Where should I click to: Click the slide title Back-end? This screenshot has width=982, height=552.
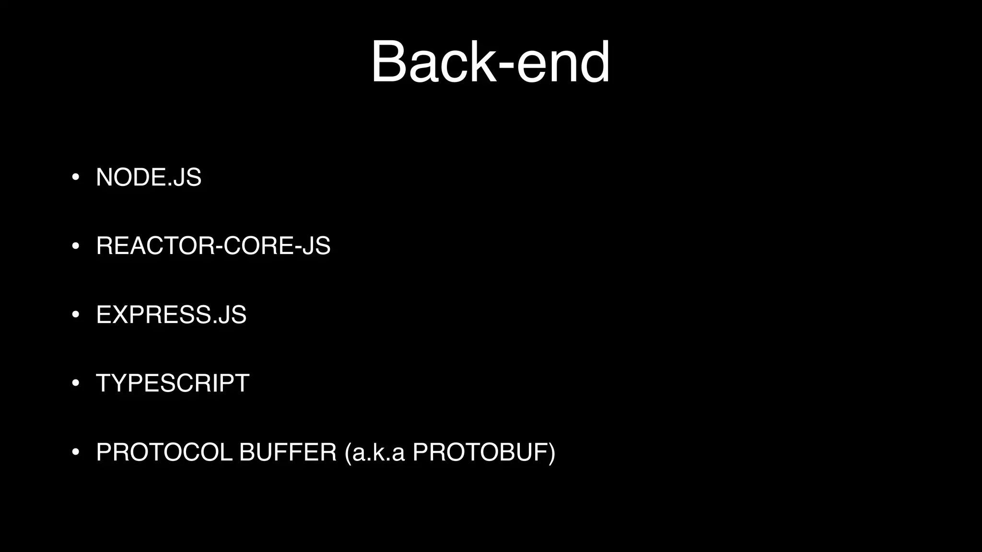tap(491, 62)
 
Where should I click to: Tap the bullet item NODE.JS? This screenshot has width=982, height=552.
tap(149, 177)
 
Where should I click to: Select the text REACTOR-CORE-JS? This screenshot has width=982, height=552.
tap(213, 246)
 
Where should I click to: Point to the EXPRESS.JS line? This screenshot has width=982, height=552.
tap(171, 315)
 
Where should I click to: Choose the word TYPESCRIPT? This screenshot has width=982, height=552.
tap(173, 383)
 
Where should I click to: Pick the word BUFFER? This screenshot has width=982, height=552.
tap(288, 452)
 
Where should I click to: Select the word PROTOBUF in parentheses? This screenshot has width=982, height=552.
tap(480, 452)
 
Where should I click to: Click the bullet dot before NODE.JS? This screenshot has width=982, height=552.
tap(75, 178)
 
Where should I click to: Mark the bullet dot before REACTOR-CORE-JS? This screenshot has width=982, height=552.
tap(75, 246)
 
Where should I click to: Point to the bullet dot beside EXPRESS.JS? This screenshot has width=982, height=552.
tap(75, 315)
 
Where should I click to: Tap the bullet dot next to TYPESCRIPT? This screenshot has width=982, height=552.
tap(75, 384)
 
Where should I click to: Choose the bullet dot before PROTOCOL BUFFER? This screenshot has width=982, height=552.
tap(75, 453)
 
